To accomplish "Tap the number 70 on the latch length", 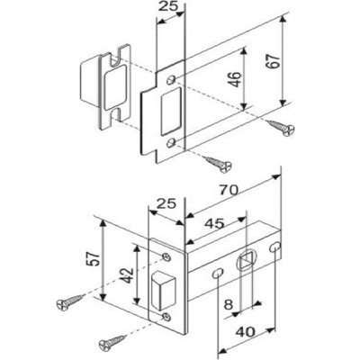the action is pyautogui.click(x=229, y=190).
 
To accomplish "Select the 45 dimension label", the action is pyautogui.click(x=214, y=223).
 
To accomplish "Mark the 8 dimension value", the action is pyautogui.click(x=229, y=305).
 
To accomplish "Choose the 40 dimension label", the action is pyautogui.click(x=245, y=332).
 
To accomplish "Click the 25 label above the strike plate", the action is pyautogui.click(x=168, y=6).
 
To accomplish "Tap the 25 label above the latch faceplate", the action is pyautogui.click(x=166, y=204).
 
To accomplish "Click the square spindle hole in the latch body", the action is pyautogui.click(x=247, y=260).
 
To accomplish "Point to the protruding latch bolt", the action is pyautogui.click(x=164, y=290).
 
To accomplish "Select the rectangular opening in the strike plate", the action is pyautogui.click(x=172, y=111).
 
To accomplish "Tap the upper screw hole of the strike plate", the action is pyautogui.click(x=172, y=80).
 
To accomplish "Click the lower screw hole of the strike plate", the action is pyautogui.click(x=171, y=142).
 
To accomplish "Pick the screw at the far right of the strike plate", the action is pyautogui.click(x=281, y=127).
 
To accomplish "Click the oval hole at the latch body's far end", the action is pyautogui.click(x=275, y=247).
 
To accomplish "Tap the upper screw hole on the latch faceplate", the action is pyautogui.click(x=166, y=256).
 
